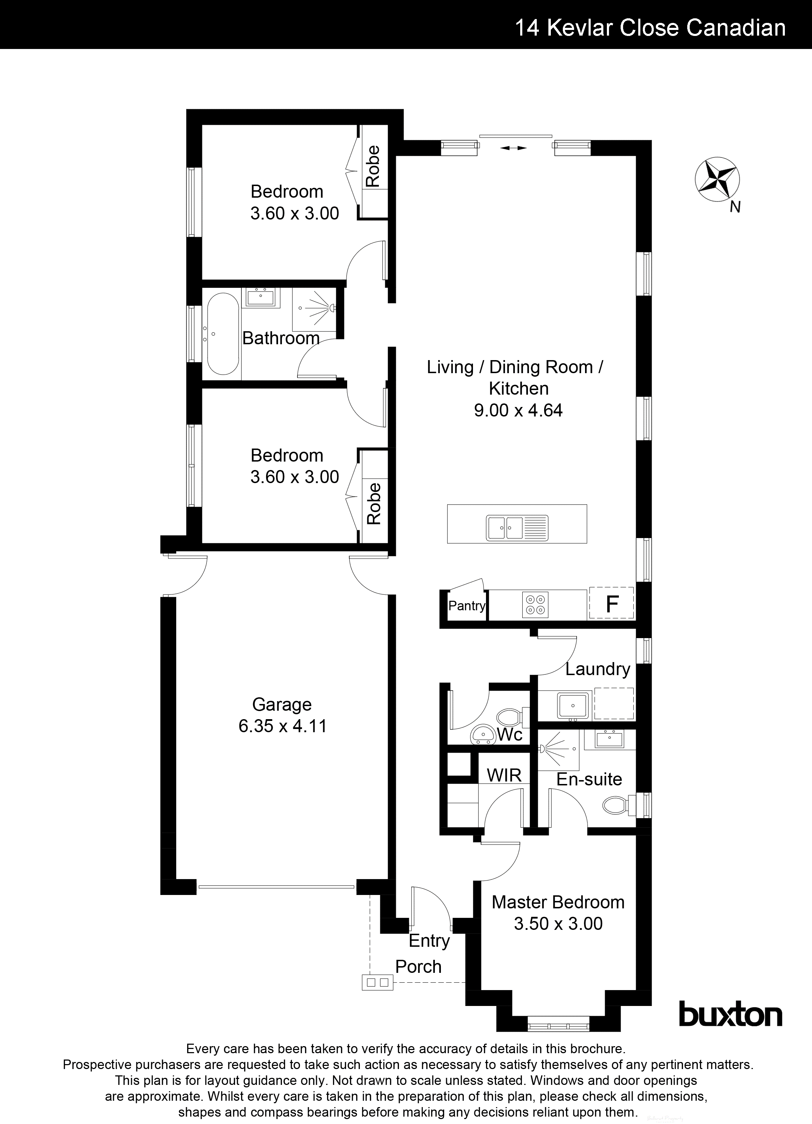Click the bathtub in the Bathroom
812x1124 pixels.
pyautogui.click(x=222, y=334)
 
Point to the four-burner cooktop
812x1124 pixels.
pyautogui.click(x=535, y=605)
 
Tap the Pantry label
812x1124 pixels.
pyautogui.click(x=467, y=606)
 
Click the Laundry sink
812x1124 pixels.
pyautogui.click(x=573, y=705)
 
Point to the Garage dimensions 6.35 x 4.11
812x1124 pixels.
pyautogui.click(x=283, y=726)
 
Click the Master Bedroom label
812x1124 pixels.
pyautogui.click(x=558, y=902)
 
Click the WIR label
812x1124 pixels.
pyautogui.click(x=504, y=775)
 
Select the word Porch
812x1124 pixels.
pyautogui.click(x=418, y=966)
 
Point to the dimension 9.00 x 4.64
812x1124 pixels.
pyautogui.click(x=518, y=410)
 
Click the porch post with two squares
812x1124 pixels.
pyautogui.click(x=377, y=982)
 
